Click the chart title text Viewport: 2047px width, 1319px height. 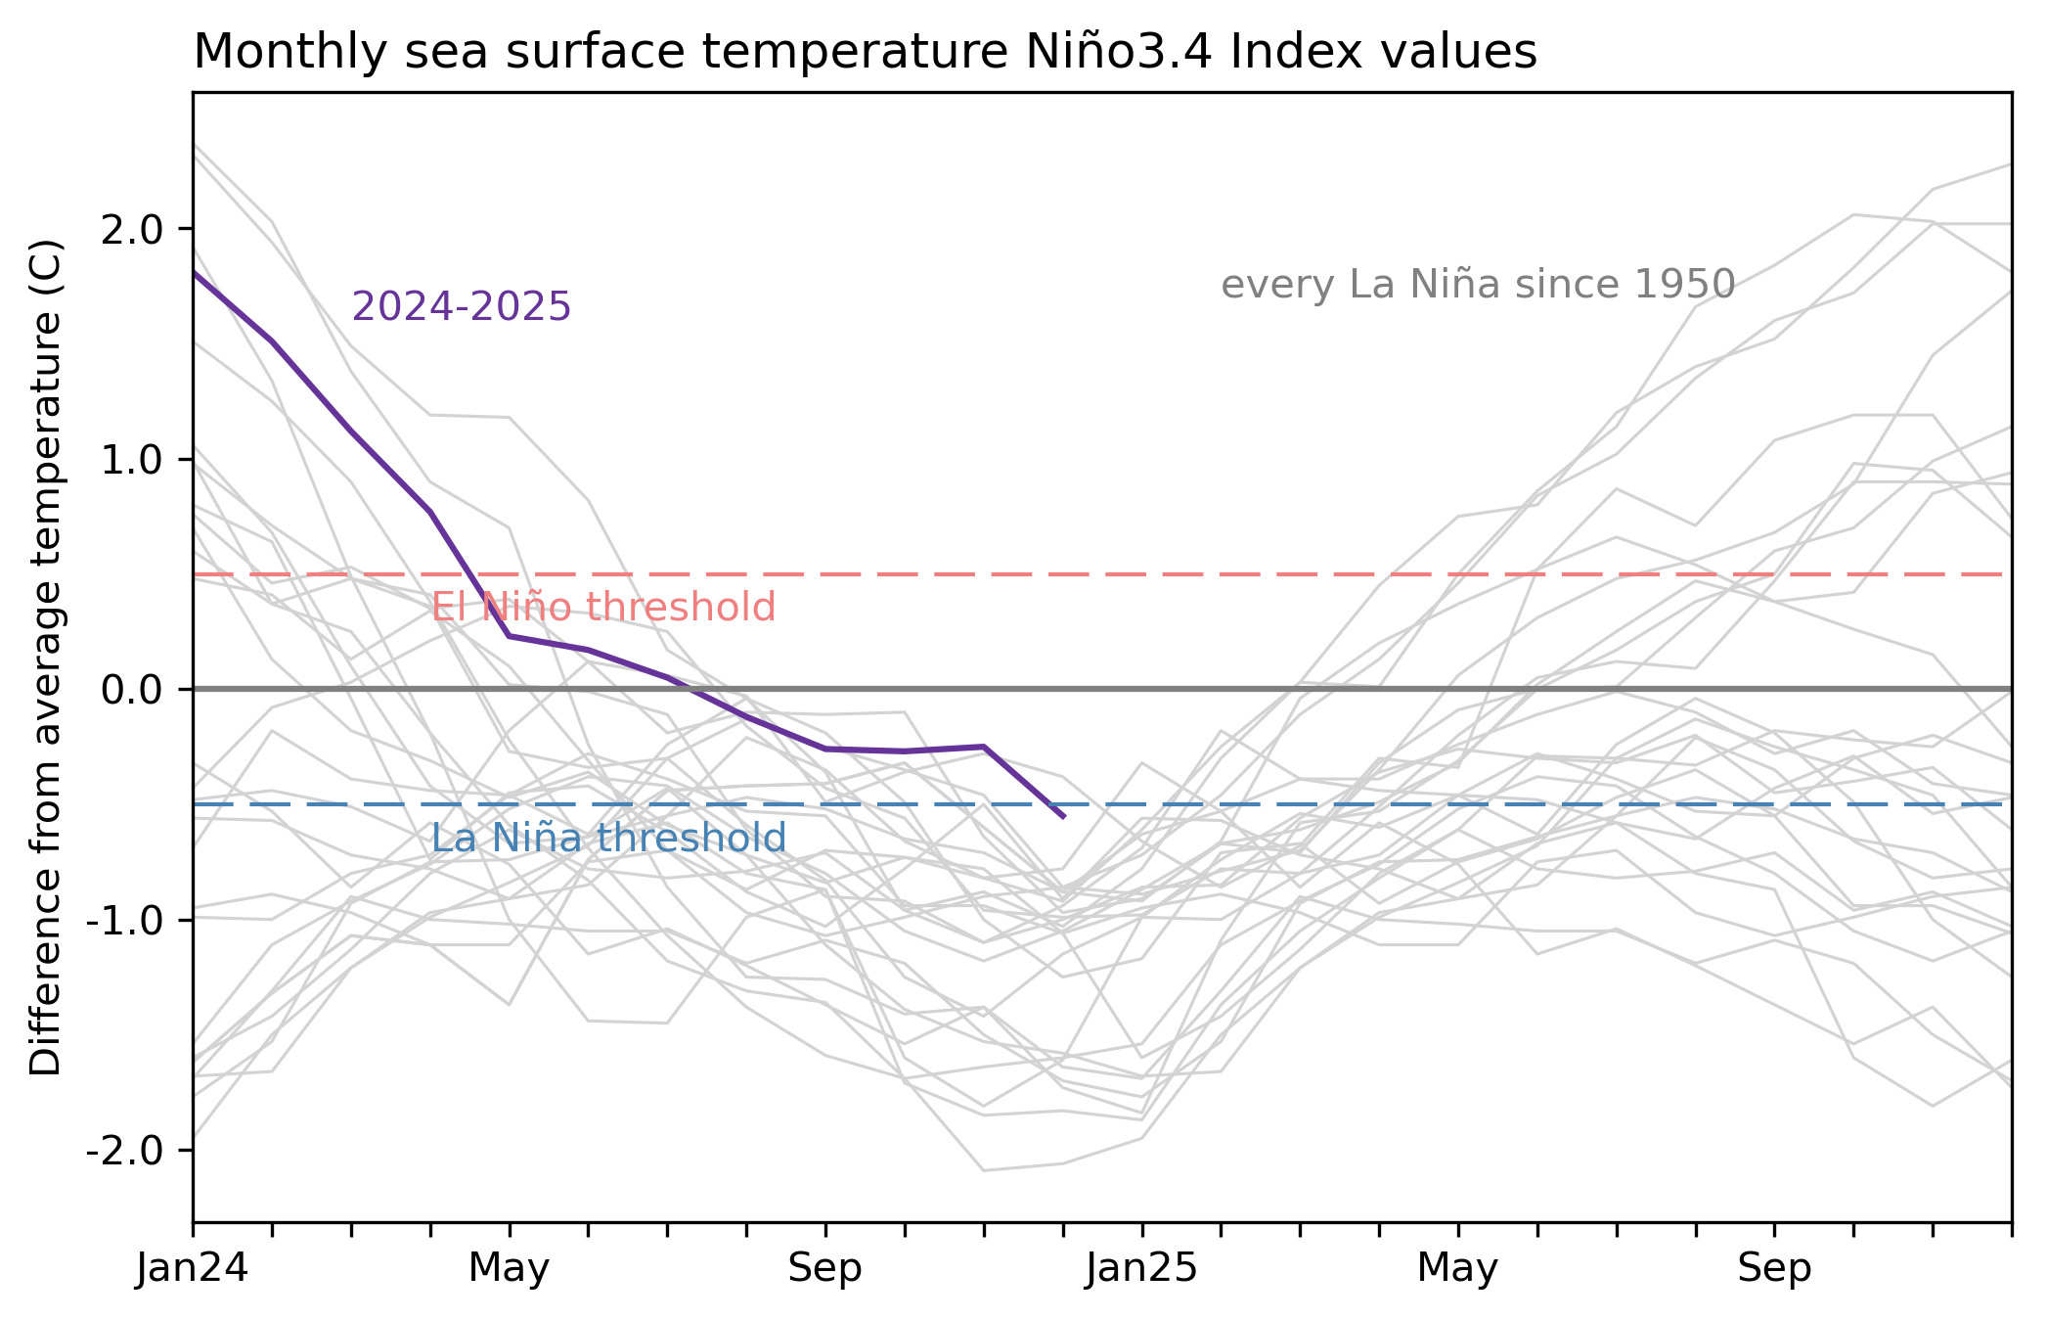[865, 52]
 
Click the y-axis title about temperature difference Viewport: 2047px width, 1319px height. [46, 658]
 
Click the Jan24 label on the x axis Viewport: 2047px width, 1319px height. [193, 1269]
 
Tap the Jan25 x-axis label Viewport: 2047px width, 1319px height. [1141, 1269]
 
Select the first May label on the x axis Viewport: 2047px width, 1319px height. [509, 1269]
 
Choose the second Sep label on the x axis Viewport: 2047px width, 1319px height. [1774, 1269]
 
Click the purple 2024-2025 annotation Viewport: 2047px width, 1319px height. [461, 307]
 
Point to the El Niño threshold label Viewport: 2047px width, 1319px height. [603, 608]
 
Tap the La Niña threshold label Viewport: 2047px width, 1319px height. [608, 839]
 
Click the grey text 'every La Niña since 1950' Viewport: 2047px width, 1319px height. [1478, 285]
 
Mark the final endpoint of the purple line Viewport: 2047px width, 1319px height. [1063, 816]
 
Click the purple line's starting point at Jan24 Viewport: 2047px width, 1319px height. [195, 273]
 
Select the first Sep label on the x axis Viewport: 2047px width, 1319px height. [825, 1269]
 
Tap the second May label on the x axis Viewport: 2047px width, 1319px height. [1457, 1269]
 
